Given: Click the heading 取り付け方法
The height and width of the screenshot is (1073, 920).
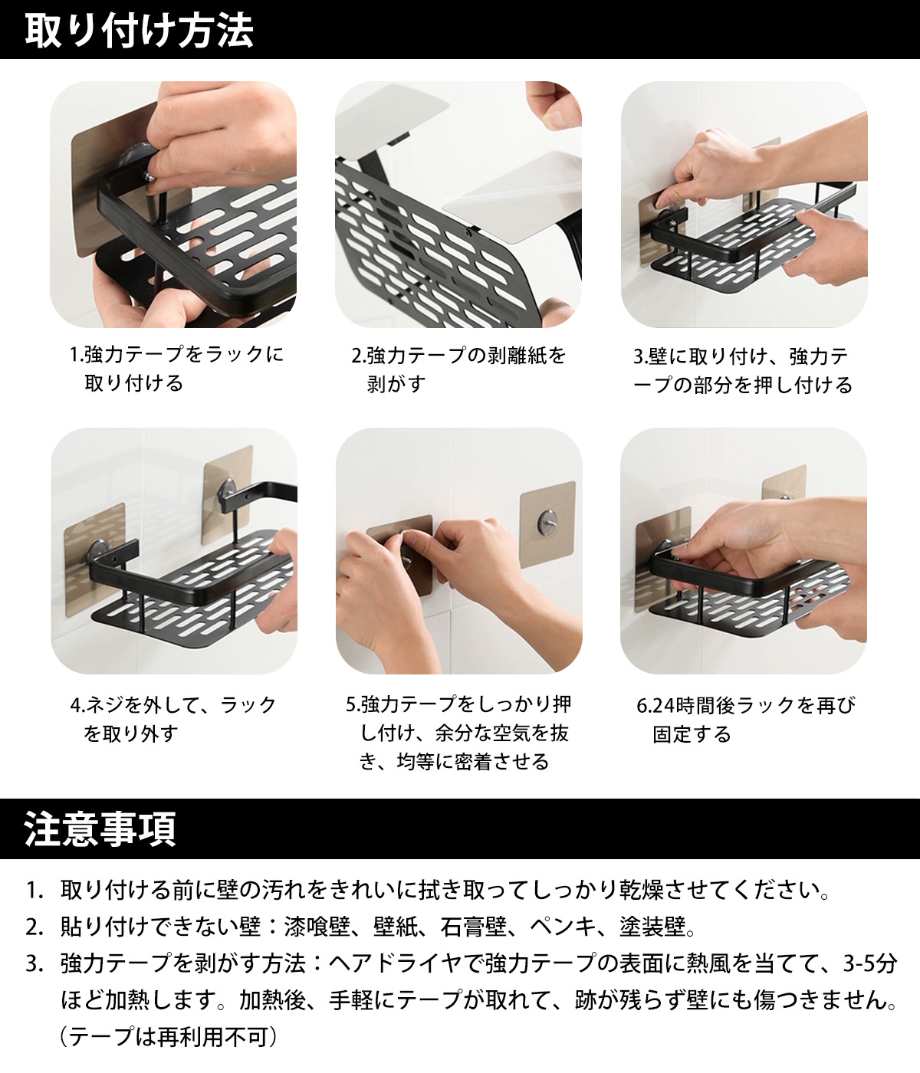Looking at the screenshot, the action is click(139, 31).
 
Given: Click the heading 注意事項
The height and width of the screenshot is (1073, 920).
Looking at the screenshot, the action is click(100, 829).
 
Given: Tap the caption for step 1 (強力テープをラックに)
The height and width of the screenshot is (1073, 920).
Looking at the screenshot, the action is click(176, 369).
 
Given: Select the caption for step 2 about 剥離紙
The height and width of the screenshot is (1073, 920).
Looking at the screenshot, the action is click(458, 369).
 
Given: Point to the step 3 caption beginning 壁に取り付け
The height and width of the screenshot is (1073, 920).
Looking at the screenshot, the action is click(742, 371).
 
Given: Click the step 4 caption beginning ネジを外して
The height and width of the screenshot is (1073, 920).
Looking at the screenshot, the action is click(173, 720).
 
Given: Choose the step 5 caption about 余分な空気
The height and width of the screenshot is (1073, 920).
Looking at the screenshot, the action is click(458, 733).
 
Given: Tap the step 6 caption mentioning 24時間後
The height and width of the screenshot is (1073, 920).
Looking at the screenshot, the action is click(745, 720).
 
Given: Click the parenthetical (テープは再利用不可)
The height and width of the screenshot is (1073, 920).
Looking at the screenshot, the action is click(168, 1037).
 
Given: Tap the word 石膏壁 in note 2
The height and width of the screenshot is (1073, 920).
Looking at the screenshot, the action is click(473, 926).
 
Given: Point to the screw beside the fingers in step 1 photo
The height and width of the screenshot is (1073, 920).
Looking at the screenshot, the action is click(150, 176).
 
